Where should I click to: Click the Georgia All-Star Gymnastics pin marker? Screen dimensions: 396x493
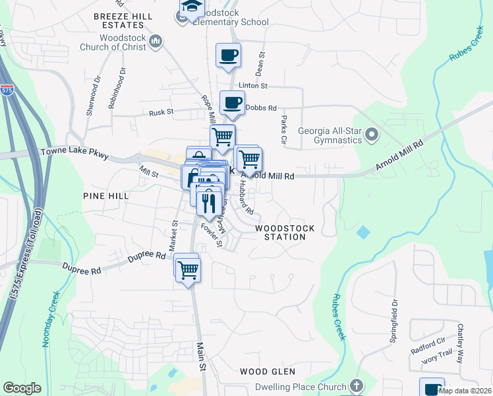pos(371,135)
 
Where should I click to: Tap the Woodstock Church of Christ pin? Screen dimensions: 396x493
pos(156,42)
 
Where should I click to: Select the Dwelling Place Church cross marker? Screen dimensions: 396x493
pos(356,385)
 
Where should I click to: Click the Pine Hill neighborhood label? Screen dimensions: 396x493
pos(103,196)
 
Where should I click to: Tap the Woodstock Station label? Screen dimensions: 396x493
pos(285,232)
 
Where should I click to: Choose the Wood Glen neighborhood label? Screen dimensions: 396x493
pos(267,372)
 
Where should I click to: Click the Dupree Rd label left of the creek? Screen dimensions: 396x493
pos(82,269)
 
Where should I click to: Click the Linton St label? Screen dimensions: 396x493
pos(253,86)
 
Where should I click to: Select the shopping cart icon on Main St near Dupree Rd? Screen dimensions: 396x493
pos(188,269)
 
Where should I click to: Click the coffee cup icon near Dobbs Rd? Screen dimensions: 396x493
pos(232,102)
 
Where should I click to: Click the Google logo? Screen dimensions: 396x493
pos(22,388)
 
